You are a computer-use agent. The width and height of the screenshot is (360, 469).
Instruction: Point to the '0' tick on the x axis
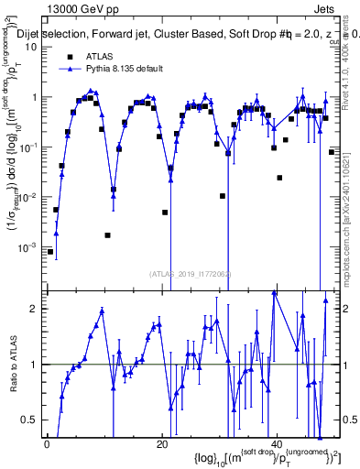47,444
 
